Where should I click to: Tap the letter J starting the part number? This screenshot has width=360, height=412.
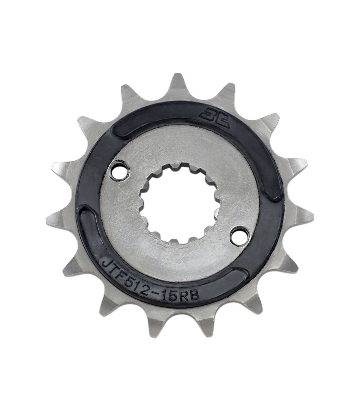(106, 265)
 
